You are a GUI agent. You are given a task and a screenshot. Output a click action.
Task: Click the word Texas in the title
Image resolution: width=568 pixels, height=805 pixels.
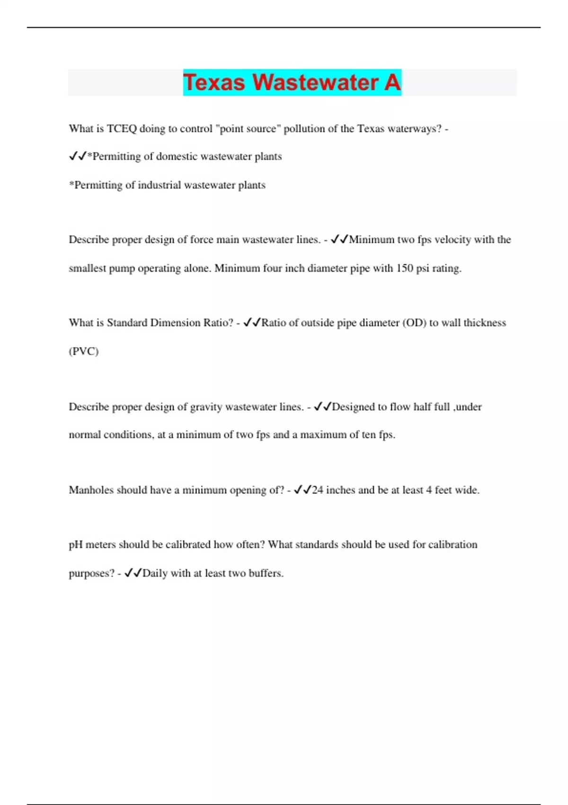pos(214,82)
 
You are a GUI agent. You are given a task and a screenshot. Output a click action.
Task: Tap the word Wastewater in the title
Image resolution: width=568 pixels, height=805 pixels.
pos(315,82)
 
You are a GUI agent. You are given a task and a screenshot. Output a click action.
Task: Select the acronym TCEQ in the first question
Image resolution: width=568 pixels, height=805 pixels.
pos(122,129)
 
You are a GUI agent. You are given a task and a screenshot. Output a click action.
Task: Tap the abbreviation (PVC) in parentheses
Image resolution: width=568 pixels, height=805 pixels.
pos(84,351)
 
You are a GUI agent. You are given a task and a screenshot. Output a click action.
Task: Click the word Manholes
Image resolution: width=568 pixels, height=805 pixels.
pos(91,490)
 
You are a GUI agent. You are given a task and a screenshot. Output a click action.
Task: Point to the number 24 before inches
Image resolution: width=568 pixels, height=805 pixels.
pos(318,490)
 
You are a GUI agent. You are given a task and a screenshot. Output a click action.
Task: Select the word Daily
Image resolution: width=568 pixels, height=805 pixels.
pos(155,573)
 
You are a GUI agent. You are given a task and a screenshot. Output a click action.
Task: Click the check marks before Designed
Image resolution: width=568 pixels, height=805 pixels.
pos(323,407)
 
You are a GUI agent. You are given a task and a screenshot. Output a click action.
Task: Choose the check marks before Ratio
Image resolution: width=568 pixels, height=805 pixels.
pos(252,323)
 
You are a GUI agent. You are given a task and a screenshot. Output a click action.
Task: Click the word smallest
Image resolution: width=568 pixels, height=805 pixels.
pos(88,268)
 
